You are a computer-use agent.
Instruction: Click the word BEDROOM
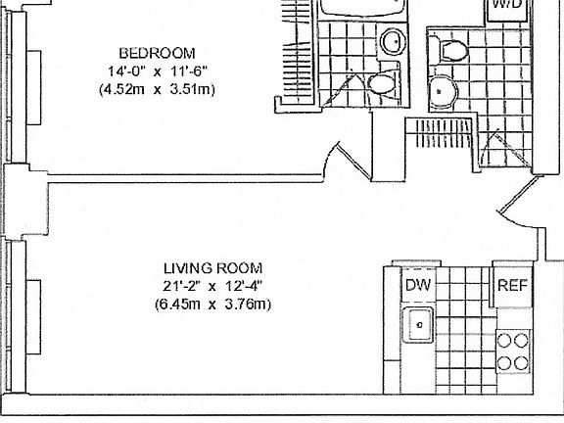157,52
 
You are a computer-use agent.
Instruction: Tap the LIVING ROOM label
212,267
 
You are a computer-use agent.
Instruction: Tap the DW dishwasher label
419,286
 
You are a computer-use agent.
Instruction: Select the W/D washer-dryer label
506,5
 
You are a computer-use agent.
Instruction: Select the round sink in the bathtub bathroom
393,41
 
